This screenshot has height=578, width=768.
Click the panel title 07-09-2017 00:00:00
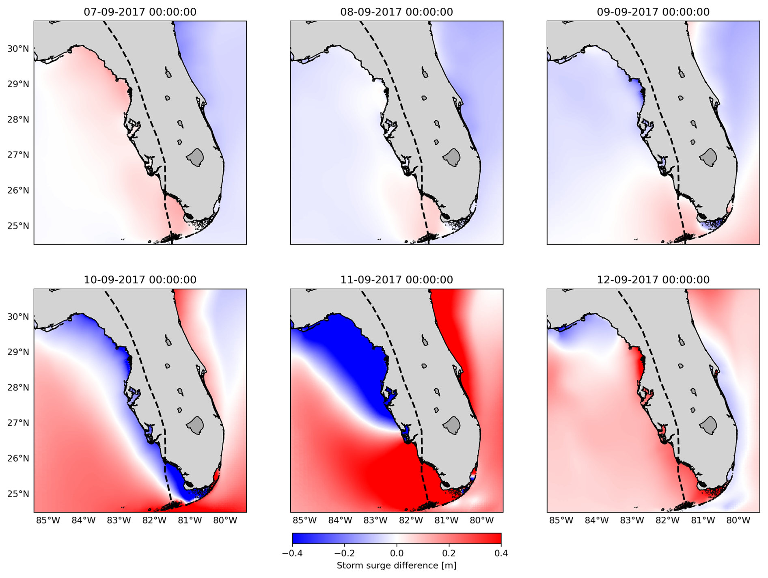[140, 12]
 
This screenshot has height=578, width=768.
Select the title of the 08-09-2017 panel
[397, 12]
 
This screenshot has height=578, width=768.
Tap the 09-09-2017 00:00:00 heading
[653, 12]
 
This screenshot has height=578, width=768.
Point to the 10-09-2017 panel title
[140, 280]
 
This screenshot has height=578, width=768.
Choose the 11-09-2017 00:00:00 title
[397, 280]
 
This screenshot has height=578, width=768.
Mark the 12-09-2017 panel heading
[653, 280]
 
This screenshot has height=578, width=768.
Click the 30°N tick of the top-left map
[18, 49]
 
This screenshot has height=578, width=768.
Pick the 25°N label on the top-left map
[18, 226]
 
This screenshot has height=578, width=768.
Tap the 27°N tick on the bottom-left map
[18, 423]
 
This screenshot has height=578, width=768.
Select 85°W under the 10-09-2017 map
[48, 520]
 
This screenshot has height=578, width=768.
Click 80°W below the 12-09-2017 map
[738, 520]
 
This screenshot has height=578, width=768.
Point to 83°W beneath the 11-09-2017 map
[375, 520]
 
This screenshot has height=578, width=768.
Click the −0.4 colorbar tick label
[292, 553]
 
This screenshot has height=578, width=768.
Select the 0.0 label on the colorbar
[397, 553]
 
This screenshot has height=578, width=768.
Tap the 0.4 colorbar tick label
[501, 553]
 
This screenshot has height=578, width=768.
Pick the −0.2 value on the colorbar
[344, 553]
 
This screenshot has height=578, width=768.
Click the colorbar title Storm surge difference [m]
[397, 565]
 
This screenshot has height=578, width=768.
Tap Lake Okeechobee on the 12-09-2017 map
[709, 425]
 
